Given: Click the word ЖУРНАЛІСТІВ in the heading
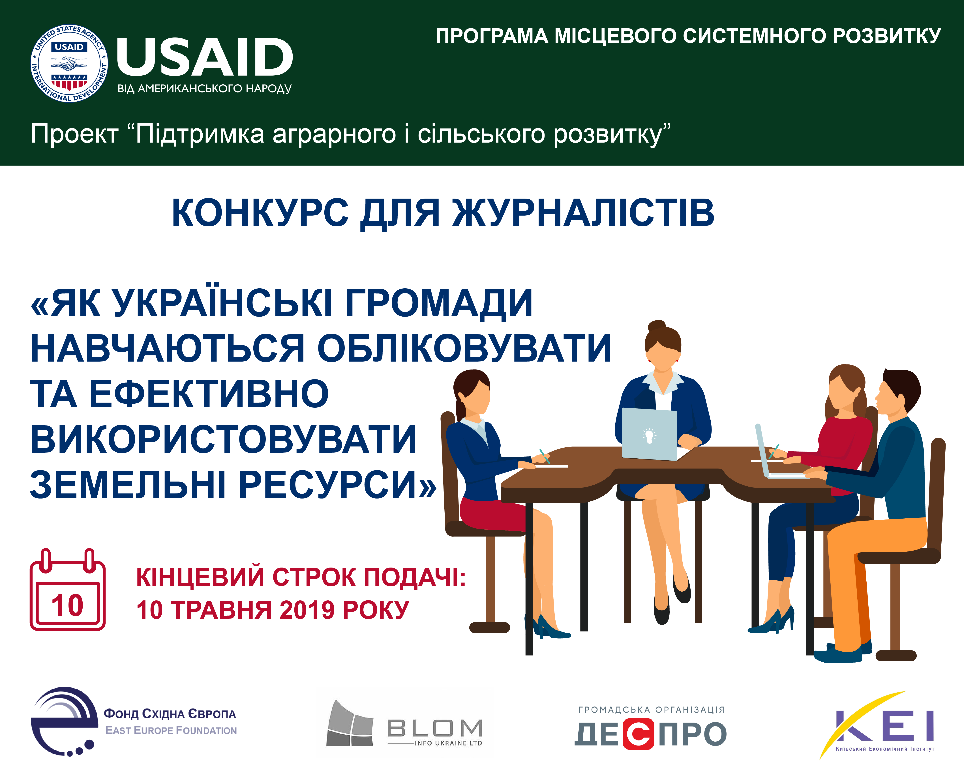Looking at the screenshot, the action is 584,213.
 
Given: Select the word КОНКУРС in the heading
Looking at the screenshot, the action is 260,213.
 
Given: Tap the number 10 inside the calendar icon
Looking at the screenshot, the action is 68,606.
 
